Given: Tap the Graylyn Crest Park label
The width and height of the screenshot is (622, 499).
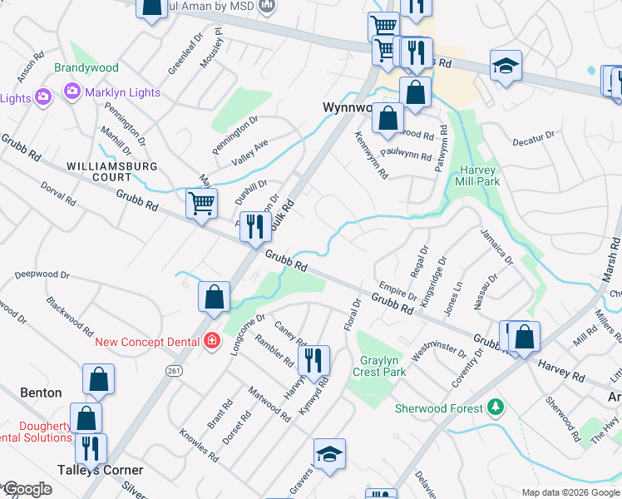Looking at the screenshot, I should point(383,366).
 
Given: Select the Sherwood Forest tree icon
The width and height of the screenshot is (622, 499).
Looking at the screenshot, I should point(496,407).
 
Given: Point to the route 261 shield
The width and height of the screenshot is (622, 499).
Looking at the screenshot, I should point(174,370).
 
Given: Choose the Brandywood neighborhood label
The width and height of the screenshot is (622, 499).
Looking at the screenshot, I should point(86,67).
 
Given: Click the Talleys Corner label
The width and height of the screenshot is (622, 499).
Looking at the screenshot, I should point(100,470).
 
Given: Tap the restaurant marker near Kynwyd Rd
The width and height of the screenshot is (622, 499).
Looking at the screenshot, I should point(313,359).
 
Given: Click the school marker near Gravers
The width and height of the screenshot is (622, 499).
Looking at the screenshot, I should point(330,453).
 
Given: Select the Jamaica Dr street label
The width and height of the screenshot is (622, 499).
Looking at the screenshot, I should point(497,245).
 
